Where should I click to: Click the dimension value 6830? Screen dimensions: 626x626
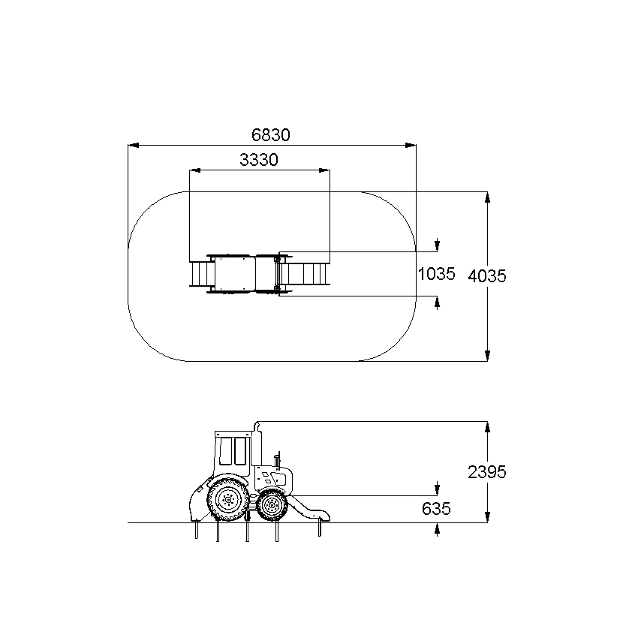coord(271,135)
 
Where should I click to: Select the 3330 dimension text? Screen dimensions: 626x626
coord(259,160)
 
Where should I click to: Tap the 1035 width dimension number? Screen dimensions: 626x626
coord(436,274)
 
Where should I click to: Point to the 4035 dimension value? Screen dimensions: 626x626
coord(487,276)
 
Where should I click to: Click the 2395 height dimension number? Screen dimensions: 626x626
coord(487,472)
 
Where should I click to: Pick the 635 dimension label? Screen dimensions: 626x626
coord(436,509)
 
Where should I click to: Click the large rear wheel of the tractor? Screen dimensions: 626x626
coord(228,499)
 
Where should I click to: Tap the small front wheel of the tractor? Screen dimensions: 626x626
coord(272,506)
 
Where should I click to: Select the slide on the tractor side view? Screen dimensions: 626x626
coord(309,508)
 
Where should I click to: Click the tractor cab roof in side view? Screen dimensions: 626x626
coord(234,434)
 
